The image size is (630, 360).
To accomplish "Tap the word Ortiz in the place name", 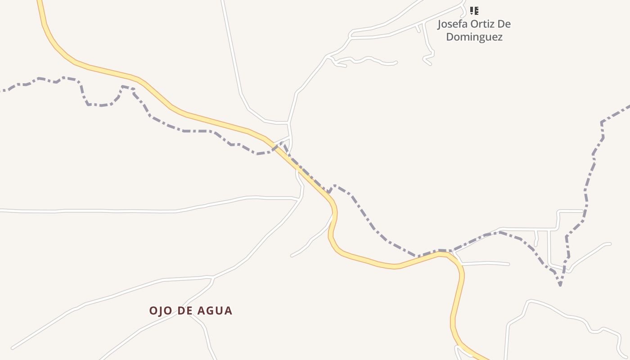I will (482, 24).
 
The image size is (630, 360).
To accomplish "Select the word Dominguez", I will (474, 37).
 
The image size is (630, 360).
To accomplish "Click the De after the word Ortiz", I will (505, 24).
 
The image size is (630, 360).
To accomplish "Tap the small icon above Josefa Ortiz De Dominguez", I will (474, 10).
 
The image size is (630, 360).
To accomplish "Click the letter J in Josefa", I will (440, 24).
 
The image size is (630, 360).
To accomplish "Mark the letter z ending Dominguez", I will (499, 37).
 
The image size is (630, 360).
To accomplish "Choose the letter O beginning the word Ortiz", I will (474, 24).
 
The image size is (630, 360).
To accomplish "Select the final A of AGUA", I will (229, 310).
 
